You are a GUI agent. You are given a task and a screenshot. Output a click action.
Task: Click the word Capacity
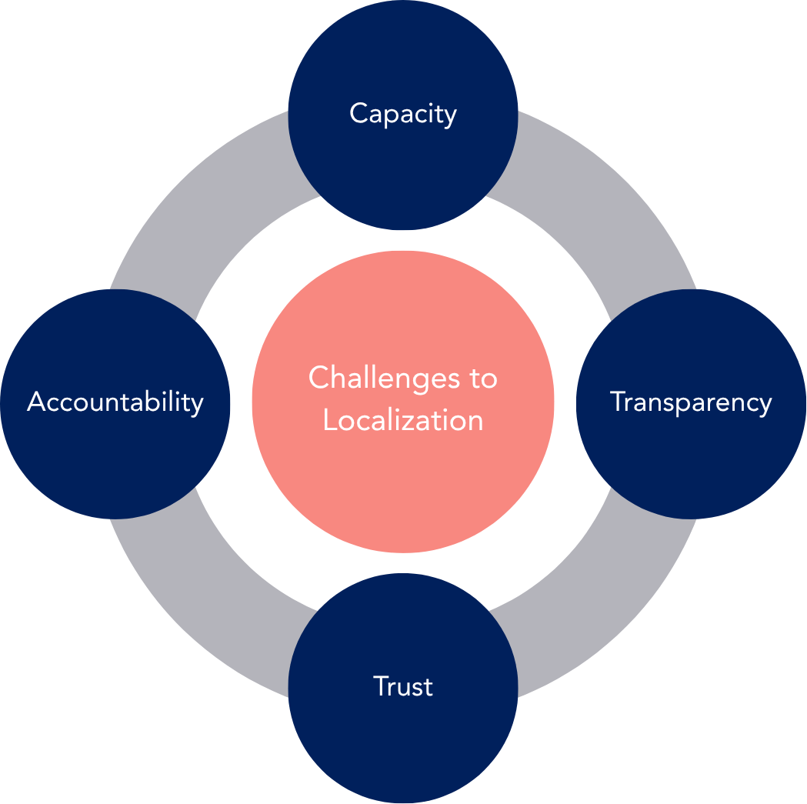coord(403,114)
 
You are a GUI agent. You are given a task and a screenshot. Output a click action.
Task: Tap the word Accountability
coord(115,402)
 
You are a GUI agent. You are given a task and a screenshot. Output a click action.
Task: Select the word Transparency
coord(691,402)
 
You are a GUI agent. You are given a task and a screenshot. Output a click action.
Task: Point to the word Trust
coord(403,686)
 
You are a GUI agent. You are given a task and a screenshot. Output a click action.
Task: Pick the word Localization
coord(403,420)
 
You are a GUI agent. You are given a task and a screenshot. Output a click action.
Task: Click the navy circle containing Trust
coord(403,739)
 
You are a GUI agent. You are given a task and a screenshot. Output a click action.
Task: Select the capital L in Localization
coord(328,420)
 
